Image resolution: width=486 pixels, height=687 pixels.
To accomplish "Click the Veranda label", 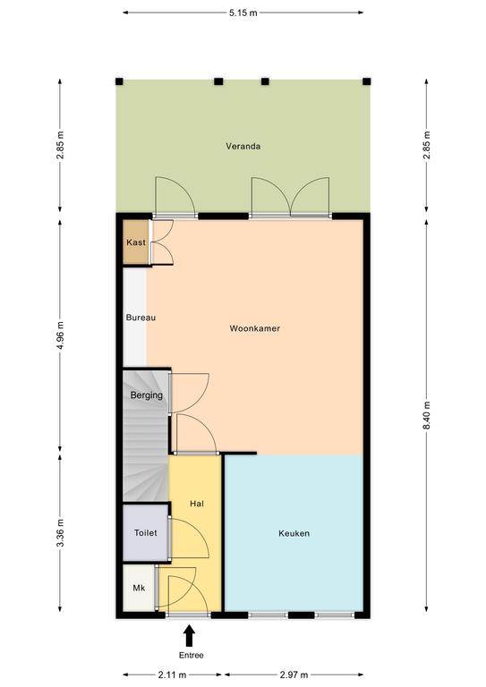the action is (x=243, y=147).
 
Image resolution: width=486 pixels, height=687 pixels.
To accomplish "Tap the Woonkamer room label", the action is (x=254, y=328).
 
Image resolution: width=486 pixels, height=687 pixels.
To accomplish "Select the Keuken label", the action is (x=294, y=533).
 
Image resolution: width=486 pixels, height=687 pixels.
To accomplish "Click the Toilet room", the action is (x=146, y=533).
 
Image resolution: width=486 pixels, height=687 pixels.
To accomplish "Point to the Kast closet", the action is (x=136, y=242).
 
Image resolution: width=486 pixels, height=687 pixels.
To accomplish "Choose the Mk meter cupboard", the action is (x=139, y=588).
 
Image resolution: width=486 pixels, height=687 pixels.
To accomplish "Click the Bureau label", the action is (x=141, y=318).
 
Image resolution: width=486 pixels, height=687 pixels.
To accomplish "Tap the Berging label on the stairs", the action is (x=147, y=395).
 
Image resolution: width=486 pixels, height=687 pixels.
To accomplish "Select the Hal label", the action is (x=197, y=504).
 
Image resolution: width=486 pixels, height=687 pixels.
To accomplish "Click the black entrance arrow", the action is (x=190, y=636).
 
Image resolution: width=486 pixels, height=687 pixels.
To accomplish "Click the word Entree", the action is (x=191, y=656).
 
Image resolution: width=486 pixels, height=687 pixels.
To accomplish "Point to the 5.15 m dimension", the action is (x=243, y=13).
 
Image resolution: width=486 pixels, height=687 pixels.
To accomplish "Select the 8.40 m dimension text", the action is (x=427, y=415).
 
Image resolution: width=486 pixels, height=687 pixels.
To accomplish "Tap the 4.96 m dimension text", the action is (x=61, y=335).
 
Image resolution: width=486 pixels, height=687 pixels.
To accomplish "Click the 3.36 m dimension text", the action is (x=61, y=533).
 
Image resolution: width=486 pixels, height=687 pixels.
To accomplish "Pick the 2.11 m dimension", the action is (x=172, y=674).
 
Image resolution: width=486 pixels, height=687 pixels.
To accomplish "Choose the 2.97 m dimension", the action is (x=294, y=674).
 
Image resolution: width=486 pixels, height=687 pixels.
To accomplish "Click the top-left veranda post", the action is (x=119, y=81).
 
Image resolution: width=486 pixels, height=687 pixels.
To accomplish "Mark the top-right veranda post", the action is (x=367, y=81).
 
